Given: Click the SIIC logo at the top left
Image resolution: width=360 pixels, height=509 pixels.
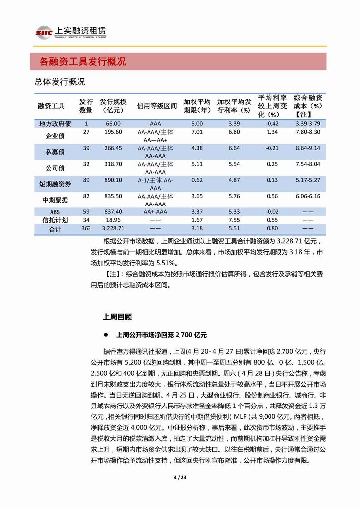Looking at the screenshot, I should pos(44,32).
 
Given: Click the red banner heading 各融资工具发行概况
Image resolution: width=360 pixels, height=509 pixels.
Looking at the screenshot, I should pos(83,62).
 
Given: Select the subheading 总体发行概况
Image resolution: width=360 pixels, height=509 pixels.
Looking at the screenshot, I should pos(60,81).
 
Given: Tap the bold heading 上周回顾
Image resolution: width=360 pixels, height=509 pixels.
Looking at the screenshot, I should pos(117,316).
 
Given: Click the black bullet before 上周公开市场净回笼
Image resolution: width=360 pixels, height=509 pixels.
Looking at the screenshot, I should pos(105,335).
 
